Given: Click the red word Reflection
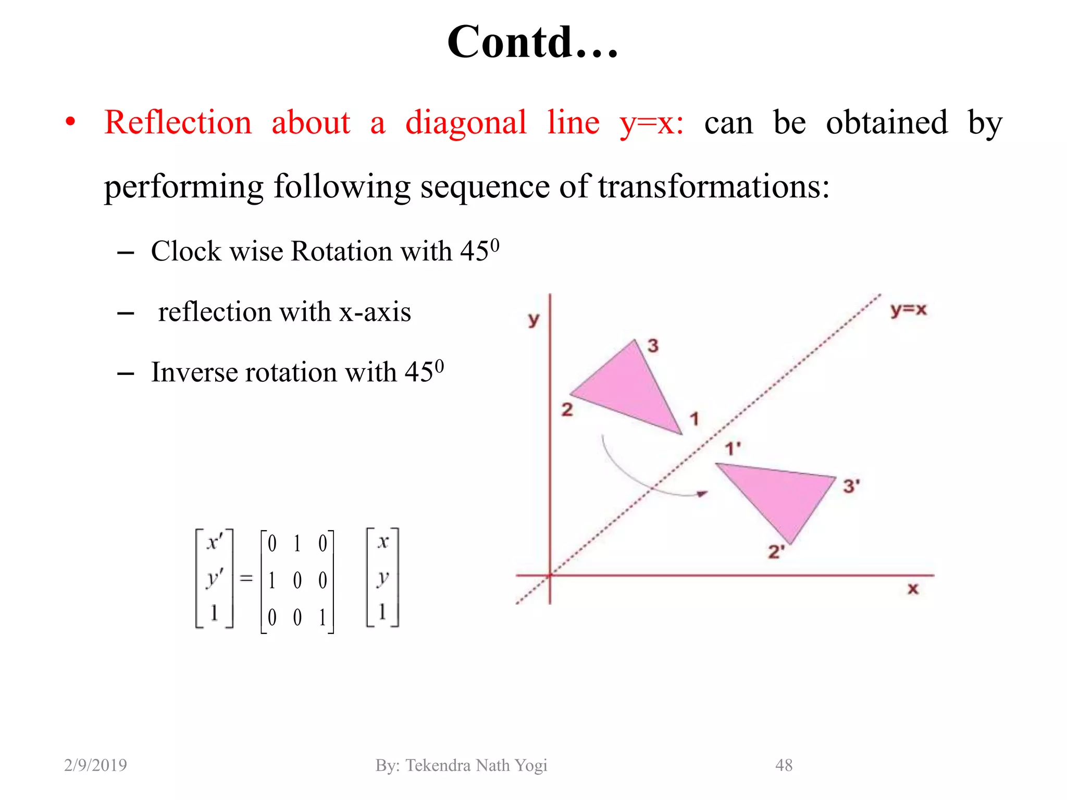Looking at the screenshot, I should (x=178, y=123).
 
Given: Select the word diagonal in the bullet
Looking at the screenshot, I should (x=466, y=124).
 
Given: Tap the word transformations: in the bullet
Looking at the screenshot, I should (x=713, y=186).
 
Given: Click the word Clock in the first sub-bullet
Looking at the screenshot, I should (x=187, y=251).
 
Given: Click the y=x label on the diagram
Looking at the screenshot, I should (x=908, y=310).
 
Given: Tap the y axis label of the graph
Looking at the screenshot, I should (x=533, y=319).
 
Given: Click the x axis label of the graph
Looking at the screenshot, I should (x=913, y=589).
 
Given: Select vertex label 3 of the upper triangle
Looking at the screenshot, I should (x=653, y=345).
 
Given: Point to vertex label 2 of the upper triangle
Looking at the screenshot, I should (x=567, y=409).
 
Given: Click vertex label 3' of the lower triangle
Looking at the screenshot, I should (x=851, y=486).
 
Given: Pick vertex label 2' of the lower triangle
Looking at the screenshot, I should (x=776, y=552).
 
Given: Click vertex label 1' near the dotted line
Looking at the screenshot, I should (x=733, y=448).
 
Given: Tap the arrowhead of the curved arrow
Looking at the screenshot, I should (x=703, y=493).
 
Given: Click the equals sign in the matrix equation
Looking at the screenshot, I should (x=246, y=579).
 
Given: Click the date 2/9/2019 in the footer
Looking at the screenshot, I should (x=95, y=765).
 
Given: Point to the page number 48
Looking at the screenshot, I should (x=784, y=765).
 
